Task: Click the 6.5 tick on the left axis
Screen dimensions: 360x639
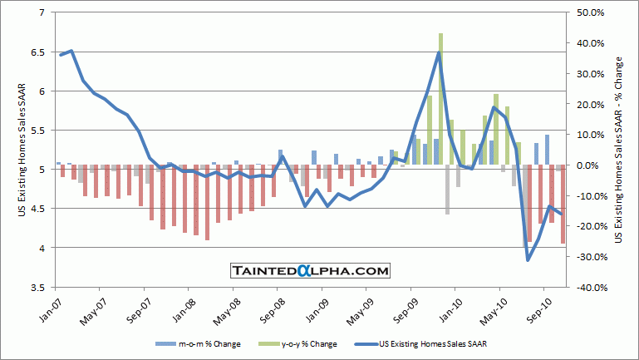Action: (38, 52)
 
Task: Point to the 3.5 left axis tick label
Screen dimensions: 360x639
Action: (38, 287)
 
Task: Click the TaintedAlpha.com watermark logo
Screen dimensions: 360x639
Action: (309, 271)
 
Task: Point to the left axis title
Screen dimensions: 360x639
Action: (22, 150)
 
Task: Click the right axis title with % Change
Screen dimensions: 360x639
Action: (619, 150)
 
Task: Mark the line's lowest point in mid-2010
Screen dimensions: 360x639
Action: (528, 260)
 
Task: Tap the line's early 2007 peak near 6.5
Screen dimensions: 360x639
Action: (71, 51)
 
